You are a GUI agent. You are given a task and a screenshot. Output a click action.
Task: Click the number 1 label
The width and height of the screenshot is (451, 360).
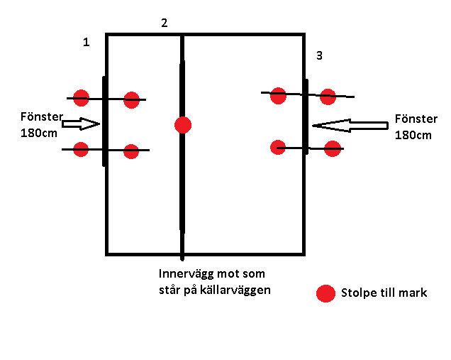pyautogui.click(x=87, y=43)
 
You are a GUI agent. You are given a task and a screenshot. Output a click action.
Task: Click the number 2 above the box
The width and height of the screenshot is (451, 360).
pyautogui.click(x=165, y=23)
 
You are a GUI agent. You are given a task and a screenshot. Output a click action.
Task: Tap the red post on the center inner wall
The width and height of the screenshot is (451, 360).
pyautogui.click(x=183, y=125)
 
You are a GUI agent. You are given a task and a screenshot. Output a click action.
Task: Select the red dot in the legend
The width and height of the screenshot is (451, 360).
pyautogui.click(x=325, y=293)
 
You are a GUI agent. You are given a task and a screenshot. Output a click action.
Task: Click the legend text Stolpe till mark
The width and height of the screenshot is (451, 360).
pyautogui.click(x=384, y=293)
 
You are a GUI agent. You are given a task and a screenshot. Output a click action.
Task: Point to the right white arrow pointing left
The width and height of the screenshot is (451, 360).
pyautogui.click(x=350, y=126)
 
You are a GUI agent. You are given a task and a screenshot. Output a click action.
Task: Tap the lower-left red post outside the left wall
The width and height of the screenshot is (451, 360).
pyautogui.click(x=81, y=149)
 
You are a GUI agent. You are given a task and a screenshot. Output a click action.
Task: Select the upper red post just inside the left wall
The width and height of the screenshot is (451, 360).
pyautogui.click(x=131, y=99)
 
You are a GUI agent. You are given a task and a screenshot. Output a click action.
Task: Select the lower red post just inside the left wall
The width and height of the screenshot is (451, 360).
pyautogui.click(x=131, y=151)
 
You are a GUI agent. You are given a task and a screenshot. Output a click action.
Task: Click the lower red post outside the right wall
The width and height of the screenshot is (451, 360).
pyautogui.click(x=332, y=148)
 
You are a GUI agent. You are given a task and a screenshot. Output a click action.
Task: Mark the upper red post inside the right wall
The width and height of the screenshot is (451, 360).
pyautogui.click(x=278, y=95)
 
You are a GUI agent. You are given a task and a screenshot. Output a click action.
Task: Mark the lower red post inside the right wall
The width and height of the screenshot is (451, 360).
pyautogui.click(x=278, y=147)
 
